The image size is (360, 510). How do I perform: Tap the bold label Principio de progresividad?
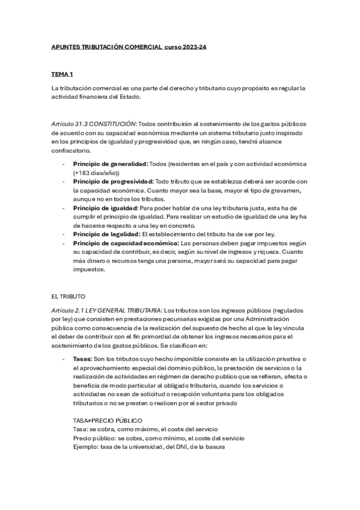tap(112, 181)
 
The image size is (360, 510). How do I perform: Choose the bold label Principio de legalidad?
tap(106, 233)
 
